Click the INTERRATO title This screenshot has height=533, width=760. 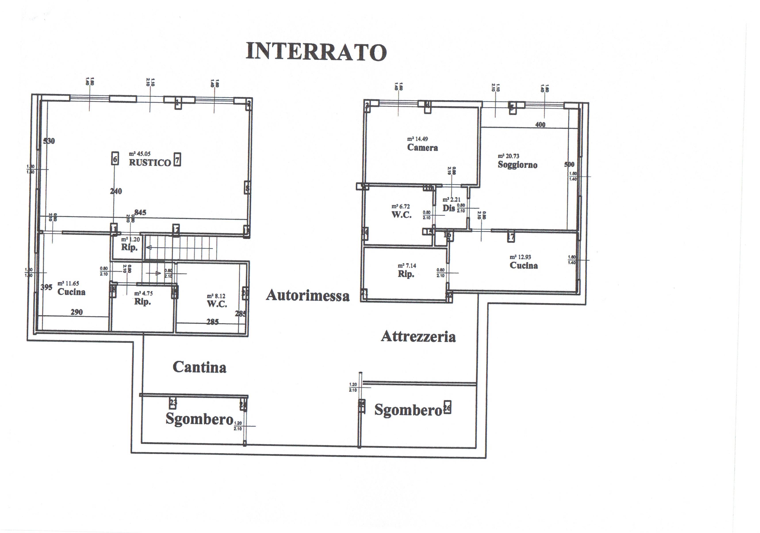pyautogui.click(x=316, y=52)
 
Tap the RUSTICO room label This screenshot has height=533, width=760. pyautogui.click(x=150, y=163)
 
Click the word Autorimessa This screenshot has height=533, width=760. pyautogui.click(x=308, y=295)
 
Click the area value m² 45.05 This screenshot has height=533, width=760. pyautogui.click(x=140, y=154)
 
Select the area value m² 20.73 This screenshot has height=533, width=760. pyautogui.click(x=509, y=156)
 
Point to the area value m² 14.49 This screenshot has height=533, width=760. pyautogui.click(x=417, y=139)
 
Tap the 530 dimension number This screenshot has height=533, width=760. pyautogui.click(x=49, y=141)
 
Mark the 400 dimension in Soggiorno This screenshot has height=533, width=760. pyautogui.click(x=540, y=125)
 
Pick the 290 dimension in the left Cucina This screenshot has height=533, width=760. pyautogui.click(x=77, y=312)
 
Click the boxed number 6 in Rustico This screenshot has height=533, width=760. pyautogui.click(x=115, y=159)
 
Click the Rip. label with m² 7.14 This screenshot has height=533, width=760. pyautogui.click(x=406, y=274)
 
